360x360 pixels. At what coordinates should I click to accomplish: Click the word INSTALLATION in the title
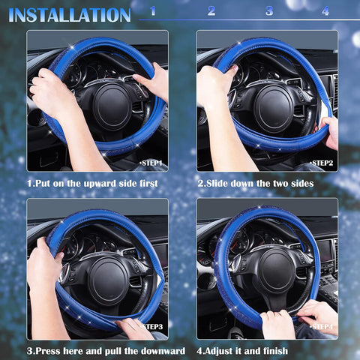(70, 14)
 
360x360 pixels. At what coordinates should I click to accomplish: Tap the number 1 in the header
(153, 11)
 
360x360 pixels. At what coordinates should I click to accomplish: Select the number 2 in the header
(211, 11)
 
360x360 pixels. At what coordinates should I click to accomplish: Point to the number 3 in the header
(268, 11)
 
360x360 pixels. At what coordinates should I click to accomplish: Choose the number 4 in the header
(325, 11)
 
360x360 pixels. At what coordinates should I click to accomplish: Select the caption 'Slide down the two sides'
(255, 183)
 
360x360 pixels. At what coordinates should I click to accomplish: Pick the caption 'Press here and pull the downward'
(106, 351)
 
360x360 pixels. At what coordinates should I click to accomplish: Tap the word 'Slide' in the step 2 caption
(219, 183)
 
